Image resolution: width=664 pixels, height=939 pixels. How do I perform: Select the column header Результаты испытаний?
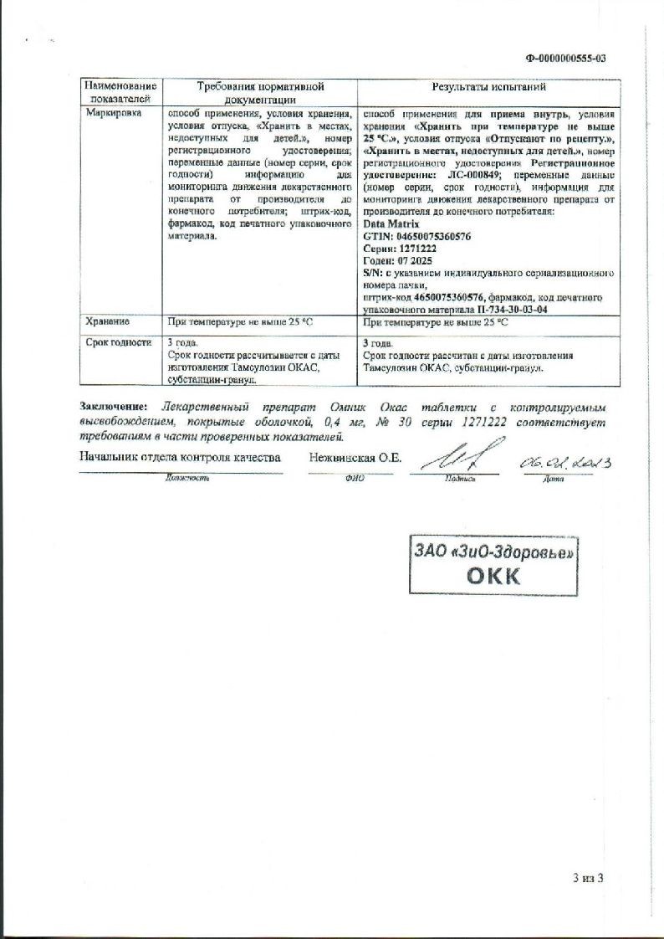[x=488, y=86]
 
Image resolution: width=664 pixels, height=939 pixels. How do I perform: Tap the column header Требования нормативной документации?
[x=260, y=92]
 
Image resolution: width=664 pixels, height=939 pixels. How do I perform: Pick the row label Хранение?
[x=107, y=321]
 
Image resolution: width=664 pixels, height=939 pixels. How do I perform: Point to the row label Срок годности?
[x=119, y=341]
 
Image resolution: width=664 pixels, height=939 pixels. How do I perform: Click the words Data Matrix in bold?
[x=392, y=224]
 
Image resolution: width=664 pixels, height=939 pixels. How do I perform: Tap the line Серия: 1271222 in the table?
[x=400, y=249]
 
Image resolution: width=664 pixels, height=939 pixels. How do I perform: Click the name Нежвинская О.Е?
[x=355, y=458]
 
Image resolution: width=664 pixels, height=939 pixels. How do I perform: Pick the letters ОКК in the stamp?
[x=493, y=576]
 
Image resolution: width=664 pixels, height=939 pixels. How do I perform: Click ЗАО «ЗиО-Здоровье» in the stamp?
[x=495, y=552]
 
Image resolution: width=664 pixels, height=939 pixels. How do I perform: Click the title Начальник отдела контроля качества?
[x=180, y=458]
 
